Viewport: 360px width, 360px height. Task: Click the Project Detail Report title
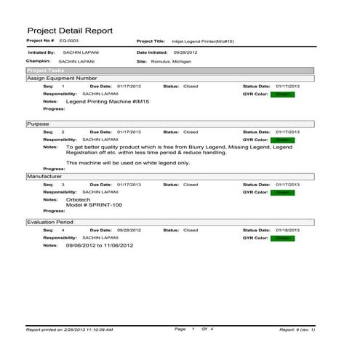[70, 31]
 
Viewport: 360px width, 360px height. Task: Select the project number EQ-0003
[69, 41]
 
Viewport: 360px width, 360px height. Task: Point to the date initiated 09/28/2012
[186, 53]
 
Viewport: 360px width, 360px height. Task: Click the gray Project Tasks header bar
[169, 71]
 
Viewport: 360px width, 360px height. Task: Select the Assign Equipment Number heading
[62, 78]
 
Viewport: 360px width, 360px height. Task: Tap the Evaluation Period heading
[50, 221]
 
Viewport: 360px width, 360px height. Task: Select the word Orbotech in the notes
[79, 199]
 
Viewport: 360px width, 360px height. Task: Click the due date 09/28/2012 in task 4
[129, 230]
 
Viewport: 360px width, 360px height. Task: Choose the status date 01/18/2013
[287, 230]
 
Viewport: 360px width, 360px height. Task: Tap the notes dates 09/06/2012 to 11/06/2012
[100, 246]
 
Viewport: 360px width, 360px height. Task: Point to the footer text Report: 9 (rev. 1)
[297, 329]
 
